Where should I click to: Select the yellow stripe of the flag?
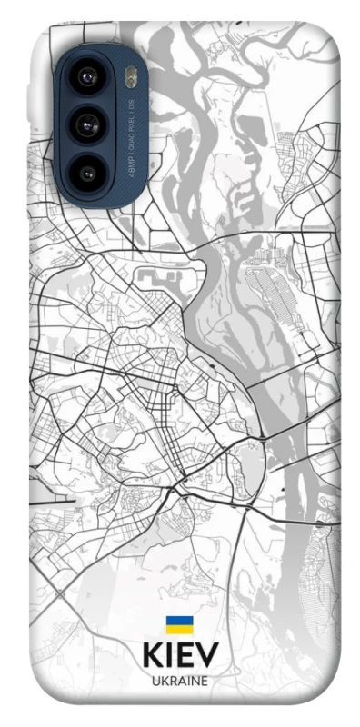[179, 629]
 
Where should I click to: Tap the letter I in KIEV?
[168, 657]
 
